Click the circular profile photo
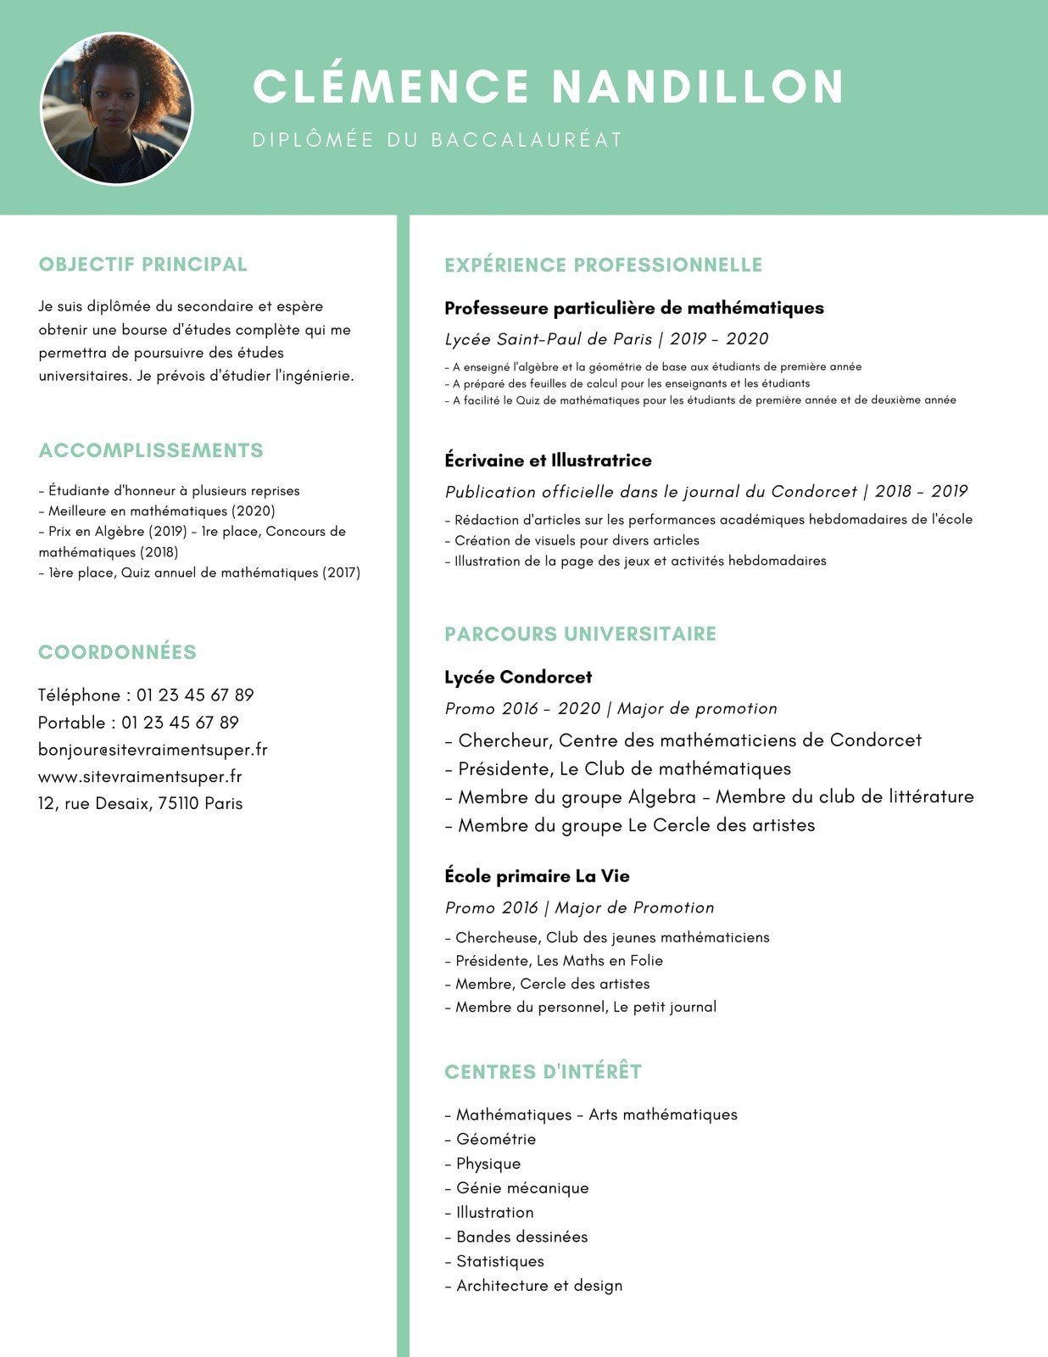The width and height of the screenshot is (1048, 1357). click(117, 109)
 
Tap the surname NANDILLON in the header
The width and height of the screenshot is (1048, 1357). click(698, 87)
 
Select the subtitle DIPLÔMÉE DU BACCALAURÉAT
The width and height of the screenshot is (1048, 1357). click(438, 140)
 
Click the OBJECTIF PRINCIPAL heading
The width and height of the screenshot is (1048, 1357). click(142, 265)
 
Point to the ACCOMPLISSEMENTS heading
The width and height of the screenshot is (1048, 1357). click(151, 450)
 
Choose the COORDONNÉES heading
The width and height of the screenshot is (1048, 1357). click(117, 652)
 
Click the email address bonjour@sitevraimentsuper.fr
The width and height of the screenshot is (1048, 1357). click(153, 750)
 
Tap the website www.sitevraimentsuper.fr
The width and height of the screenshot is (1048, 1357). click(140, 777)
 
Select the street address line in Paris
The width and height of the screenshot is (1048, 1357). click(140, 804)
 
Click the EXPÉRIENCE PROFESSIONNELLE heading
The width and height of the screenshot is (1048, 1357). click(603, 265)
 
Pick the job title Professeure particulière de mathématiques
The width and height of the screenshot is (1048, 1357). click(633, 308)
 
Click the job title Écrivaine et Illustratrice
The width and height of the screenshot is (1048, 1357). click(548, 461)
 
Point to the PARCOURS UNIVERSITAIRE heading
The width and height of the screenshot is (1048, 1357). click(580, 634)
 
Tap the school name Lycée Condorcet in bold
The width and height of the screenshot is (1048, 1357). click(518, 677)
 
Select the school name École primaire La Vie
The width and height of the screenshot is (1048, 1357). click(537, 876)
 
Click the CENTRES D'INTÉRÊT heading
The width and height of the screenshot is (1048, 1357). click(543, 1072)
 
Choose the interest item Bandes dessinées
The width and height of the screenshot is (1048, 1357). click(521, 1237)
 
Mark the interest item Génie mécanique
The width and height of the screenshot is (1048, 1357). click(521, 1188)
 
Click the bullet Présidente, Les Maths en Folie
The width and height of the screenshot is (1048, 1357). click(558, 961)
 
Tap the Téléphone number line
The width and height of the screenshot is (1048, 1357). click(146, 695)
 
